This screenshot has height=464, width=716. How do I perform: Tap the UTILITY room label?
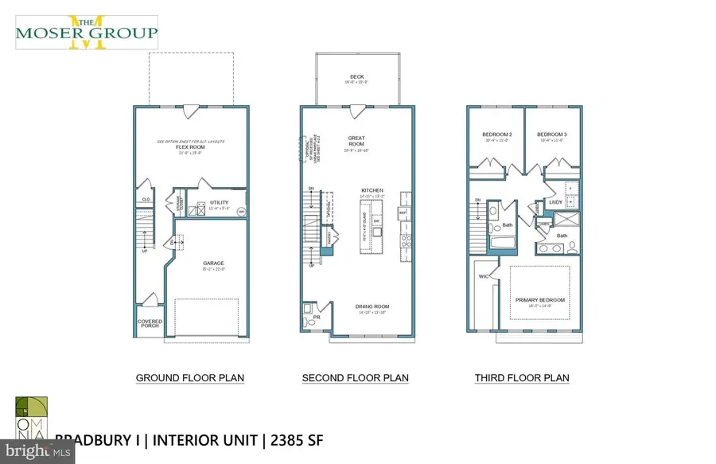(219, 202)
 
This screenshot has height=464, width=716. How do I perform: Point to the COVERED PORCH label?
(149, 325)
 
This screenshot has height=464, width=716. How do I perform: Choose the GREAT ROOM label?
(356, 141)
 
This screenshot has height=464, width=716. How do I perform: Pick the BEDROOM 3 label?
(551, 135)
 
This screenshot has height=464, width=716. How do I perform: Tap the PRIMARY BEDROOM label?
(540, 300)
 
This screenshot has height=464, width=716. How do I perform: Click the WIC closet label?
(483, 278)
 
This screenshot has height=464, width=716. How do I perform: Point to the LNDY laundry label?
(556, 203)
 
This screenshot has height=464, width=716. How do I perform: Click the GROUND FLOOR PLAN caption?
(190, 378)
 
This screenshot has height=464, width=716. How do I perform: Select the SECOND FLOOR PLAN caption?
(356, 378)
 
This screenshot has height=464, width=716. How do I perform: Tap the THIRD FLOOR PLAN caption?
(522, 378)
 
